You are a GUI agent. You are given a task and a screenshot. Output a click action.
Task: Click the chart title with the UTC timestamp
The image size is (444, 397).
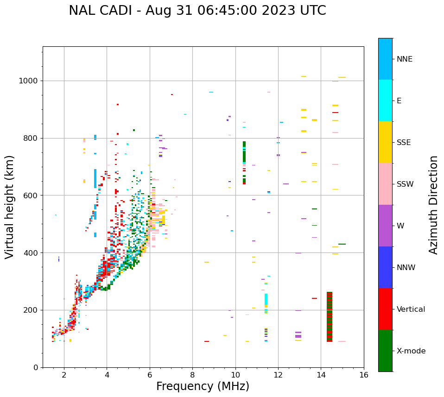tap(197, 11)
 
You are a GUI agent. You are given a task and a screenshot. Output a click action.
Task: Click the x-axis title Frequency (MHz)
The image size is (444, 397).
tap(203, 386)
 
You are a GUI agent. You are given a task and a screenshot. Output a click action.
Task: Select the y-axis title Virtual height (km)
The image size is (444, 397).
tap(10, 207)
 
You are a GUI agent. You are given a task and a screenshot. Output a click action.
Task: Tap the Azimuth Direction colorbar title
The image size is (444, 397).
tap(433, 205)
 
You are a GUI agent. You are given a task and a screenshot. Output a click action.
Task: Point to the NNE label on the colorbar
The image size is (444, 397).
tap(404, 59)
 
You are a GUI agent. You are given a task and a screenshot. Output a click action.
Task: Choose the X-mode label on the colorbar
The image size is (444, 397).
tap(411, 351)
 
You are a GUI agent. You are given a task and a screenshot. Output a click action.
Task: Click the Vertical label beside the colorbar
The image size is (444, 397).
tap(411, 309)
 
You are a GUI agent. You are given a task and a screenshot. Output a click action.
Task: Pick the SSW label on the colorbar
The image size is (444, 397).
tap(405, 184)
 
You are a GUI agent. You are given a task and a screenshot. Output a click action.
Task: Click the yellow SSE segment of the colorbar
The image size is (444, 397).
tap(385, 142)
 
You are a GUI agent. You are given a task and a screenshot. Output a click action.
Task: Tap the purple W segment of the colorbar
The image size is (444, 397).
tap(385, 226)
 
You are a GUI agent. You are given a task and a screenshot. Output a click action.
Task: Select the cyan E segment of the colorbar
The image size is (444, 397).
tap(385, 101)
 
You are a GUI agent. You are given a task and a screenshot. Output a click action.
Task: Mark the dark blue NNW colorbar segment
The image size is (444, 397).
tap(385, 267)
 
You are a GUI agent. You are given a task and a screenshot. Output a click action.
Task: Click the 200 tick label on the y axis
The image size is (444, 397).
tap(31, 310)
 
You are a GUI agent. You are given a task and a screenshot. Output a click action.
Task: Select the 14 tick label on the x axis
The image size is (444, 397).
tap(321, 374)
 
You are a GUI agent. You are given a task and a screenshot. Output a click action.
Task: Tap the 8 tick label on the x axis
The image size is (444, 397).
tap(192, 374)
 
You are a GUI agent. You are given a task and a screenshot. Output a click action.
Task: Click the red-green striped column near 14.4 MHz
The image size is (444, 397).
tap(330, 317)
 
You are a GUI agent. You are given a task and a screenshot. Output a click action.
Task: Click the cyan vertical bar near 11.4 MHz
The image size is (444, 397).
tap(266, 299)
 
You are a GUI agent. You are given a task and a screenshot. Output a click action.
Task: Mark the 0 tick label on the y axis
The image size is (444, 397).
tap(35, 367)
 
